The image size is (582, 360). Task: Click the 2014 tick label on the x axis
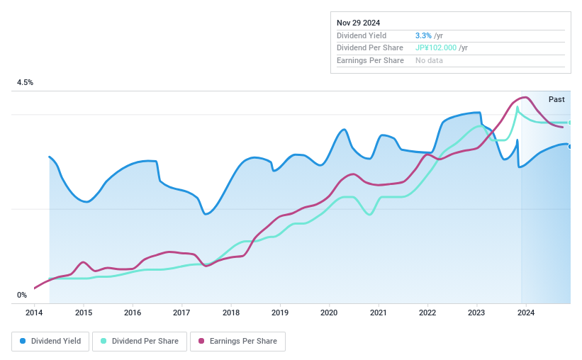coord(35,313)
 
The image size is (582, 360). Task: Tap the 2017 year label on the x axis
coord(181,313)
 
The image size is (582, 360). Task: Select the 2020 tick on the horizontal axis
coord(329,313)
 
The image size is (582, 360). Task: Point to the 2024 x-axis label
coord(525,313)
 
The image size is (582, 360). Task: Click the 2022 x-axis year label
coord(427,313)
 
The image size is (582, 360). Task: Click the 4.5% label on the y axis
coord(26,83)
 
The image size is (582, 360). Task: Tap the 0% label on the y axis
coord(22,295)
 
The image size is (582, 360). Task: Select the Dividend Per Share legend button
coord(140,341)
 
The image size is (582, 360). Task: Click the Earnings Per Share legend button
coord(237,341)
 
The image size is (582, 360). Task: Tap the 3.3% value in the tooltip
coord(422,35)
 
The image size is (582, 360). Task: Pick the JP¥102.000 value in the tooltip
coord(436,48)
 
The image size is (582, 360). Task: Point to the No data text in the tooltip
coord(430,61)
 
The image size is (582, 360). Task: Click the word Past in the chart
coord(556,99)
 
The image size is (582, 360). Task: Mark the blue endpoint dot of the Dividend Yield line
coord(570,146)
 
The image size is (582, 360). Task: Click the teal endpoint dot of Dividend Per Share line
coord(570,123)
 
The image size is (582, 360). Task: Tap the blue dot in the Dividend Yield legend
coord(23,341)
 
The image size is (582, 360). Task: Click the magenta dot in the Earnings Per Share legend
coord(201,341)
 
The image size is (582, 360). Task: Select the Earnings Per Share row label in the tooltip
coord(370,61)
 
